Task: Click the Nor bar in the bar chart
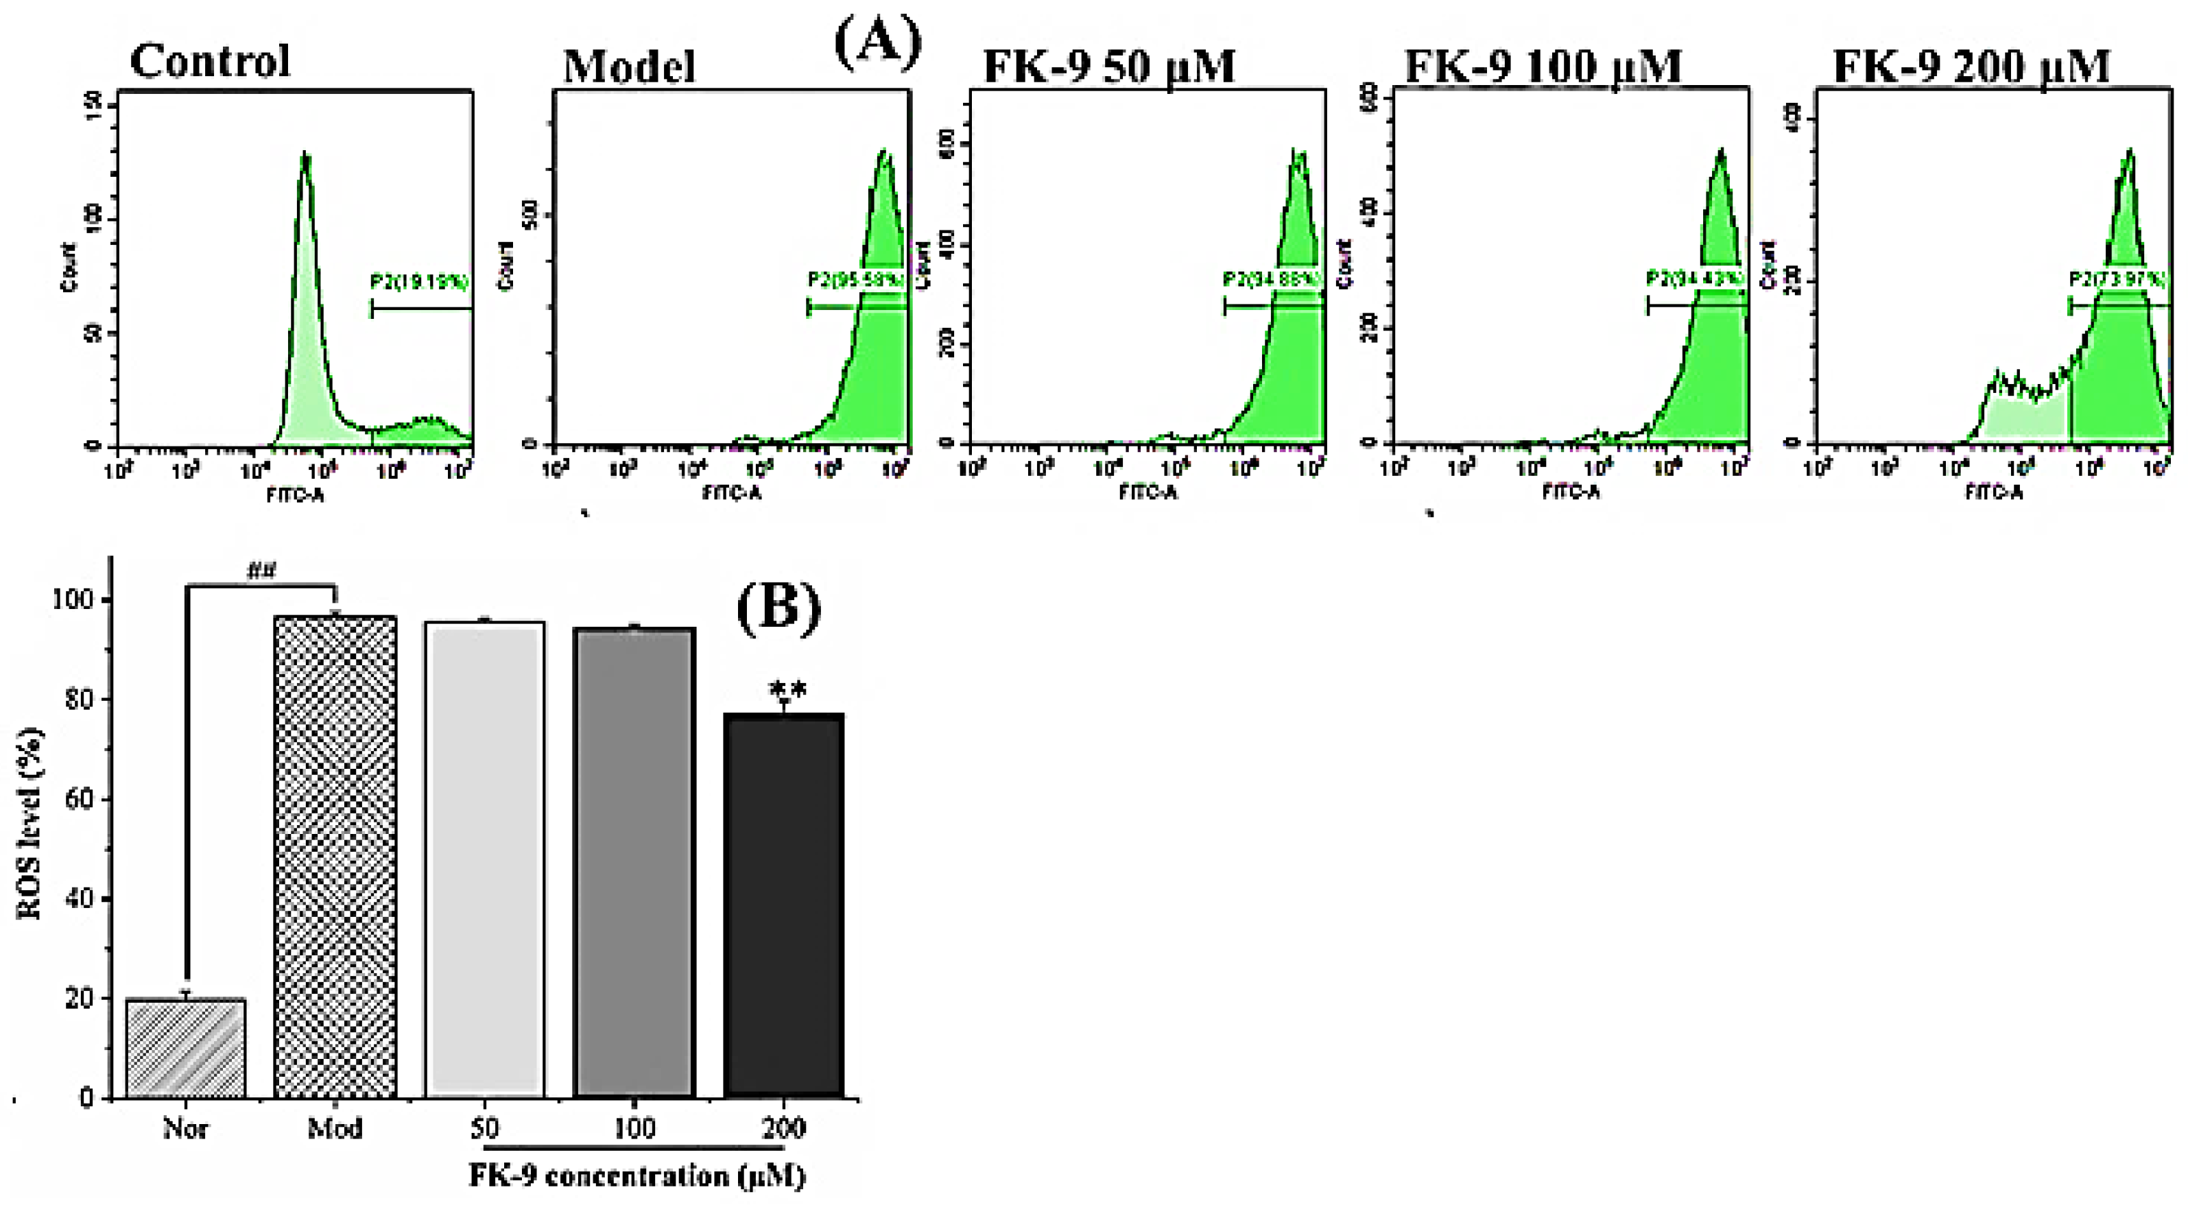(185, 1048)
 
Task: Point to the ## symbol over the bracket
(261, 571)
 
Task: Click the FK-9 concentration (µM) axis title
(637, 1176)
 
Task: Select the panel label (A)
(877, 43)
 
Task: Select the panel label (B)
(778, 609)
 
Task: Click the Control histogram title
(210, 61)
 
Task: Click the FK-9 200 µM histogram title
(1971, 67)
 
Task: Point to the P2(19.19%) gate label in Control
(420, 282)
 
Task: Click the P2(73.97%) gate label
(2117, 279)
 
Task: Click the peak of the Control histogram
(305, 156)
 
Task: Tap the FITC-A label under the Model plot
(731, 492)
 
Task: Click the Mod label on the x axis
(335, 1128)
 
